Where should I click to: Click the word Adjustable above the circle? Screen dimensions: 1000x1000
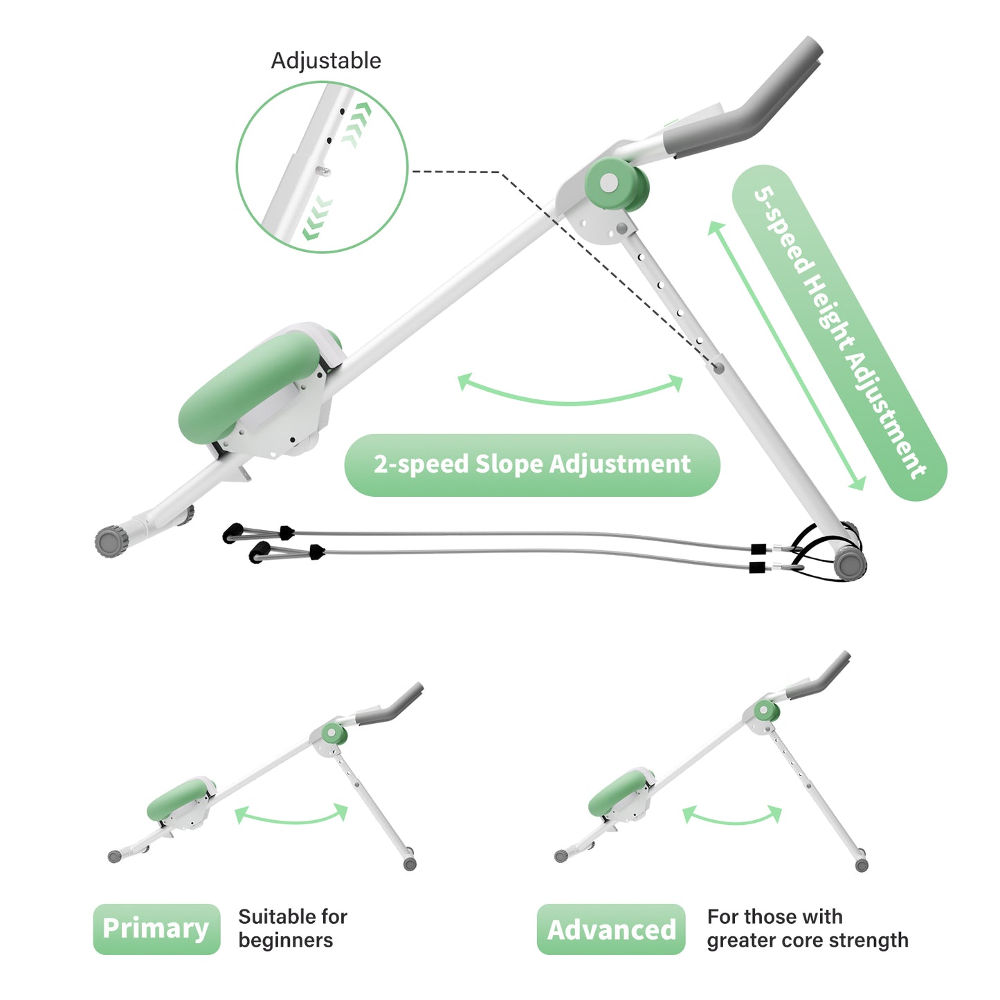[x=325, y=61]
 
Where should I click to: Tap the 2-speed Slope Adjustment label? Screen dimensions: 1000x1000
[x=531, y=464]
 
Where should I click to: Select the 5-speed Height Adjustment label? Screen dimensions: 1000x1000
[x=839, y=333]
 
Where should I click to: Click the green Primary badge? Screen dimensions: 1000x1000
[x=156, y=929]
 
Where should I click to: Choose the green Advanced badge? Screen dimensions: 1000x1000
[x=611, y=929]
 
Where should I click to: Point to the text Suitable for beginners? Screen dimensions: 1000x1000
[x=292, y=928]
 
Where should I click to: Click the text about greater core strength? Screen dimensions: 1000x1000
[x=807, y=928]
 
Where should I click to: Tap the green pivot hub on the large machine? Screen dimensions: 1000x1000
[x=615, y=183]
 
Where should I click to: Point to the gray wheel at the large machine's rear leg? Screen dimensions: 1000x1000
[x=850, y=562]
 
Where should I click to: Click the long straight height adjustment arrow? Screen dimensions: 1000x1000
[x=786, y=356]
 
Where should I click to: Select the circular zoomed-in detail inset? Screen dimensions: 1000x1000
[x=322, y=167]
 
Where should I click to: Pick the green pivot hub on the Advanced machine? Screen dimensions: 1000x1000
[x=765, y=710]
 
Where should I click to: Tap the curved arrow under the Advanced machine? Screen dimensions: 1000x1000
[x=732, y=817]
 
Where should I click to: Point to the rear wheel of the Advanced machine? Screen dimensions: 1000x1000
[x=862, y=864]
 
